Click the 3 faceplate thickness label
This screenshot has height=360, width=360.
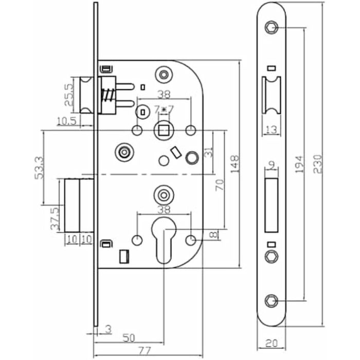109,328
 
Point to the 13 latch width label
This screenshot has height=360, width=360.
273,128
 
